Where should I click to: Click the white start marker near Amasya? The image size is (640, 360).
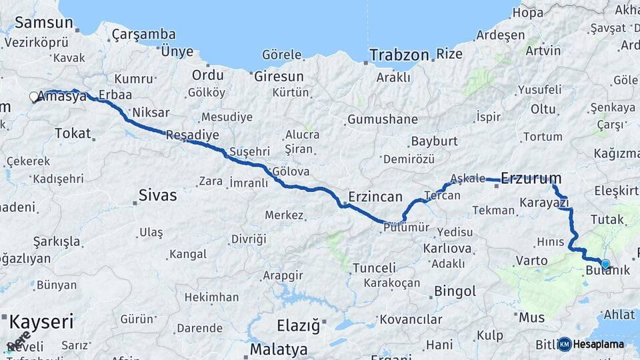coord(34,97)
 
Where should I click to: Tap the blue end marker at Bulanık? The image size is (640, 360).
coord(605,264)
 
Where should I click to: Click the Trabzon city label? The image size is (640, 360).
coord(399,55)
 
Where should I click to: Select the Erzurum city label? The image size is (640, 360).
coord(531,179)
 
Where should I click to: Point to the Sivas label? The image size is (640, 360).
coord(157,195)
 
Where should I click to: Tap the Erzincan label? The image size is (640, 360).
coord(375,197)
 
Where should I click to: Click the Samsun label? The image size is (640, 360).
coord(43,22)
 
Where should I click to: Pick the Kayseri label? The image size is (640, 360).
coord(41,323)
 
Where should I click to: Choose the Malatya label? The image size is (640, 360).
coord(279,349)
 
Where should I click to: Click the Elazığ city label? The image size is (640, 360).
coord(298,327)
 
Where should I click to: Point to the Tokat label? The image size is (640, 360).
coord(73,133)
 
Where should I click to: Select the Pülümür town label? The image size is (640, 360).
coord(407,228)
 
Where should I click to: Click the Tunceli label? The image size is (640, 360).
coord(374,268)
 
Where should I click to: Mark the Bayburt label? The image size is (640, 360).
coord(434,141)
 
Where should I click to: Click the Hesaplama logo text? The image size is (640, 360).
coord(599,345)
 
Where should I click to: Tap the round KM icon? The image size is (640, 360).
coord(565,345)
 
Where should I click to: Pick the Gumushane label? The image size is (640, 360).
coord(383,121)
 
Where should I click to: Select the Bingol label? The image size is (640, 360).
coord(455,291)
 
